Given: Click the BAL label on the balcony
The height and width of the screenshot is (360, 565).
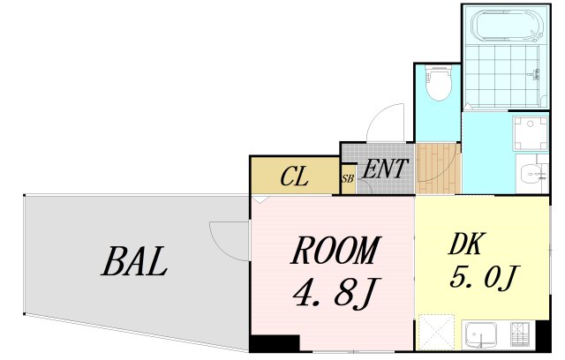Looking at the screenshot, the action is (x=134, y=261).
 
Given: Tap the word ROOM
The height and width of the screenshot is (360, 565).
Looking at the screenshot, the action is (x=335, y=250).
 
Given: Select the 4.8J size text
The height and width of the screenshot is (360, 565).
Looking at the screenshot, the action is (x=335, y=294).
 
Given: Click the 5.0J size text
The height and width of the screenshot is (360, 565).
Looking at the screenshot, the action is (x=484, y=277).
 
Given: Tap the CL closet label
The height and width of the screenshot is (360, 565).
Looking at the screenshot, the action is (x=294, y=176).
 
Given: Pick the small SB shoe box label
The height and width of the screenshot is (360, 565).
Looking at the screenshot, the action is (x=348, y=178).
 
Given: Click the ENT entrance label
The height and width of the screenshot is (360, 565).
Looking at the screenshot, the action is (x=385, y=169).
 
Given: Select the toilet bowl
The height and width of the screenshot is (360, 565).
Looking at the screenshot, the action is (x=438, y=82).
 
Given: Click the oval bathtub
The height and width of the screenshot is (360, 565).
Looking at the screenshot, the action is (x=506, y=26).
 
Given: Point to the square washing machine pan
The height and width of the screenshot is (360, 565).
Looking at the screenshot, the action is (x=531, y=133).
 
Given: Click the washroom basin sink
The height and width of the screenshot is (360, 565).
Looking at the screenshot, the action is (x=531, y=174).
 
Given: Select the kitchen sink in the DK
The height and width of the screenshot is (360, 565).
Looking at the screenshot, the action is (x=480, y=334).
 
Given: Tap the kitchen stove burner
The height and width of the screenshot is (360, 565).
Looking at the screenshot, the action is (x=520, y=334).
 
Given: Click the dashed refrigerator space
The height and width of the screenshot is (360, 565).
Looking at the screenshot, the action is (x=436, y=332).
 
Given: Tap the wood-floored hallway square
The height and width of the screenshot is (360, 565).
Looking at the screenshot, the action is (x=439, y=169).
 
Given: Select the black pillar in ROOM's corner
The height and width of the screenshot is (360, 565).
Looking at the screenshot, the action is (x=275, y=343).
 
